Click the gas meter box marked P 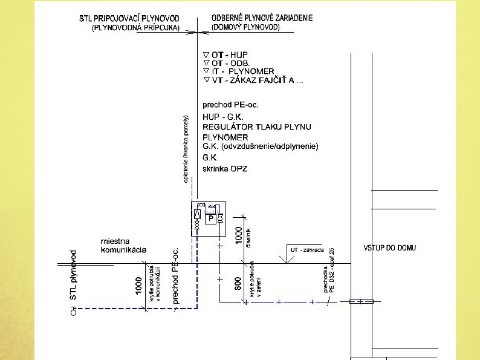pyautogui.click(x=211, y=218)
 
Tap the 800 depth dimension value pyautogui.click(x=238, y=283)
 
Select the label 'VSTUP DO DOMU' pyautogui.click(x=389, y=248)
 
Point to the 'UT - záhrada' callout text pyautogui.click(x=307, y=249)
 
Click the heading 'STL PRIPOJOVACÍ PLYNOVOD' pyautogui.click(x=133, y=19)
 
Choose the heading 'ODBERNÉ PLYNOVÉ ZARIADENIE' pyautogui.click(x=262, y=19)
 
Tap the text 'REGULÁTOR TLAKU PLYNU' pyautogui.click(x=257, y=127)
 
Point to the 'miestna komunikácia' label pyautogui.click(x=123, y=246)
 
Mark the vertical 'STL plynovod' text pyautogui.click(x=74, y=275)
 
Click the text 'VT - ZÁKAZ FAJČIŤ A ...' pyautogui.click(x=254, y=80)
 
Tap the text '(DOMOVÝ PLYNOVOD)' pyautogui.click(x=246, y=28)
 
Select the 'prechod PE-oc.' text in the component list pyautogui.click(x=230, y=105)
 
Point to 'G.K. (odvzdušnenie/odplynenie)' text pyautogui.click(x=260, y=146)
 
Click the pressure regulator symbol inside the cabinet pyautogui.click(x=197, y=215)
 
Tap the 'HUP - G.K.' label pyautogui.click(x=222, y=117)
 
